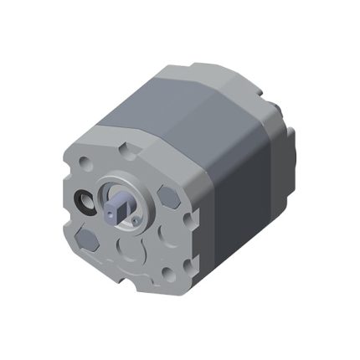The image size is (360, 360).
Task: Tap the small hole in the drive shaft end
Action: coord(113,212)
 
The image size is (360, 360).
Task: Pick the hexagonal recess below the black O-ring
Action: coord(91,239)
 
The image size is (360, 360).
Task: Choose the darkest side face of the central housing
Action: coord(243,201)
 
